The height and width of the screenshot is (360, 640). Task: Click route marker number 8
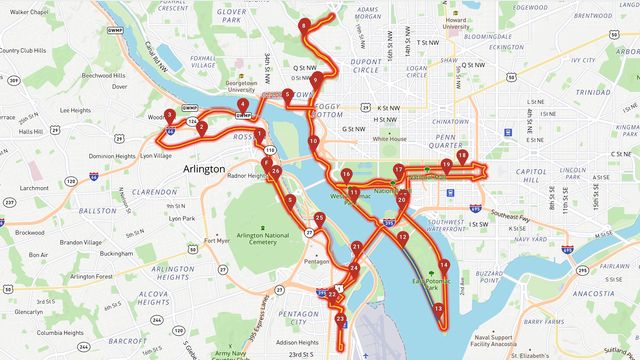303,25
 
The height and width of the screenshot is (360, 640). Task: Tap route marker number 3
170,116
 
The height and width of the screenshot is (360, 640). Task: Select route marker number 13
438,309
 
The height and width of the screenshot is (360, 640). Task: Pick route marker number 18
461,156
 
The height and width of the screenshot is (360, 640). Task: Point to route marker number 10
313,142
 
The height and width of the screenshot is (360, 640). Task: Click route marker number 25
319,218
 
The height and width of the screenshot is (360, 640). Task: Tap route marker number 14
444,266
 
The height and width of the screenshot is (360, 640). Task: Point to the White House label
390,139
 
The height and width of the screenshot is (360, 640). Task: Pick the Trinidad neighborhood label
592,92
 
